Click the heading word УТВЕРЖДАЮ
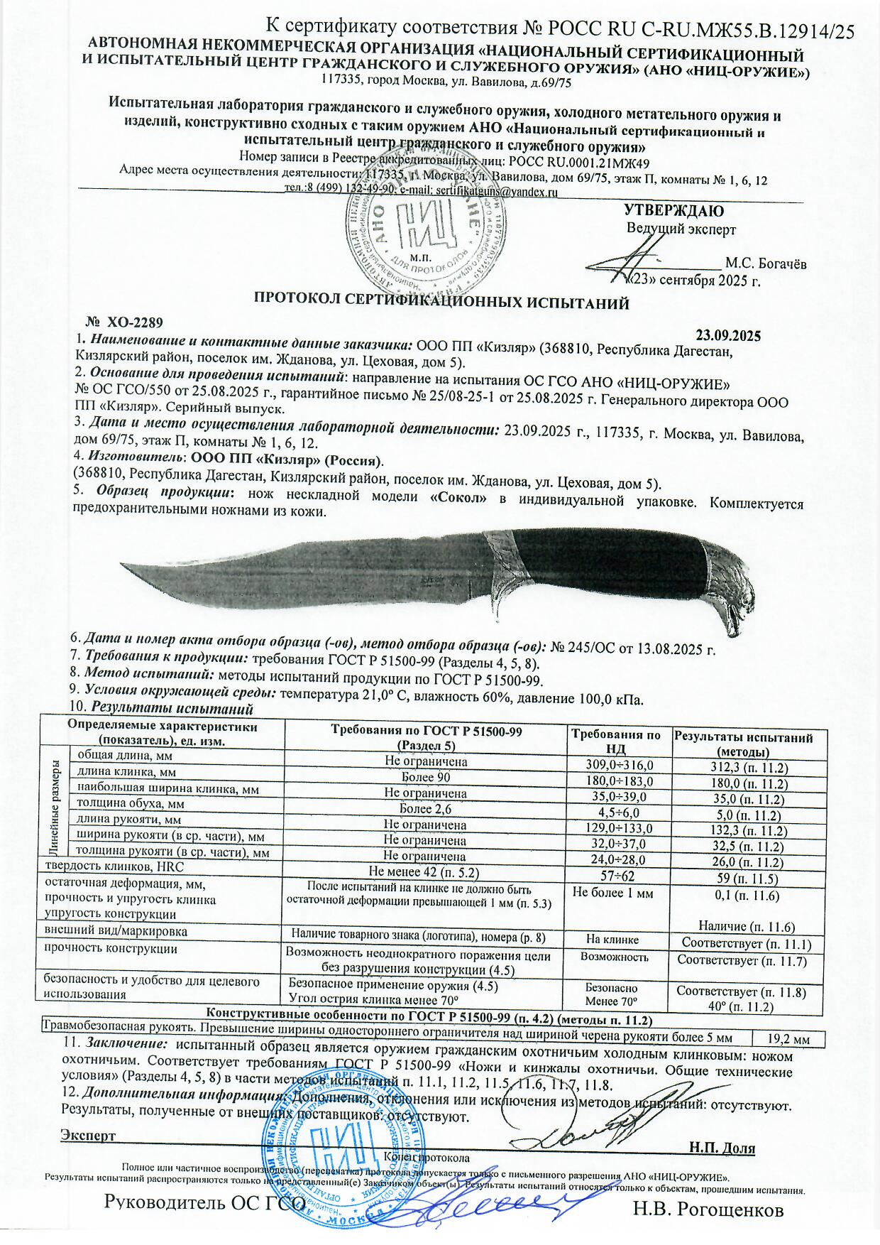tap(673, 211)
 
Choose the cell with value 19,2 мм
tap(789, 1039)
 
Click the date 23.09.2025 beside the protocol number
tap(727, 335)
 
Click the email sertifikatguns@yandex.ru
tap(496, 191)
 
